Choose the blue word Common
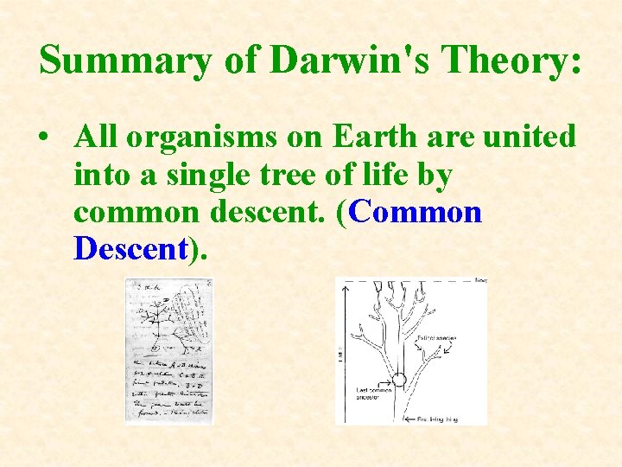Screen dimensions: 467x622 [x=416, y=212]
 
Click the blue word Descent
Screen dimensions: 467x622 [x=130, y=249]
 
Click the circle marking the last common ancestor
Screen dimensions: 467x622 [x=399, y=379]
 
